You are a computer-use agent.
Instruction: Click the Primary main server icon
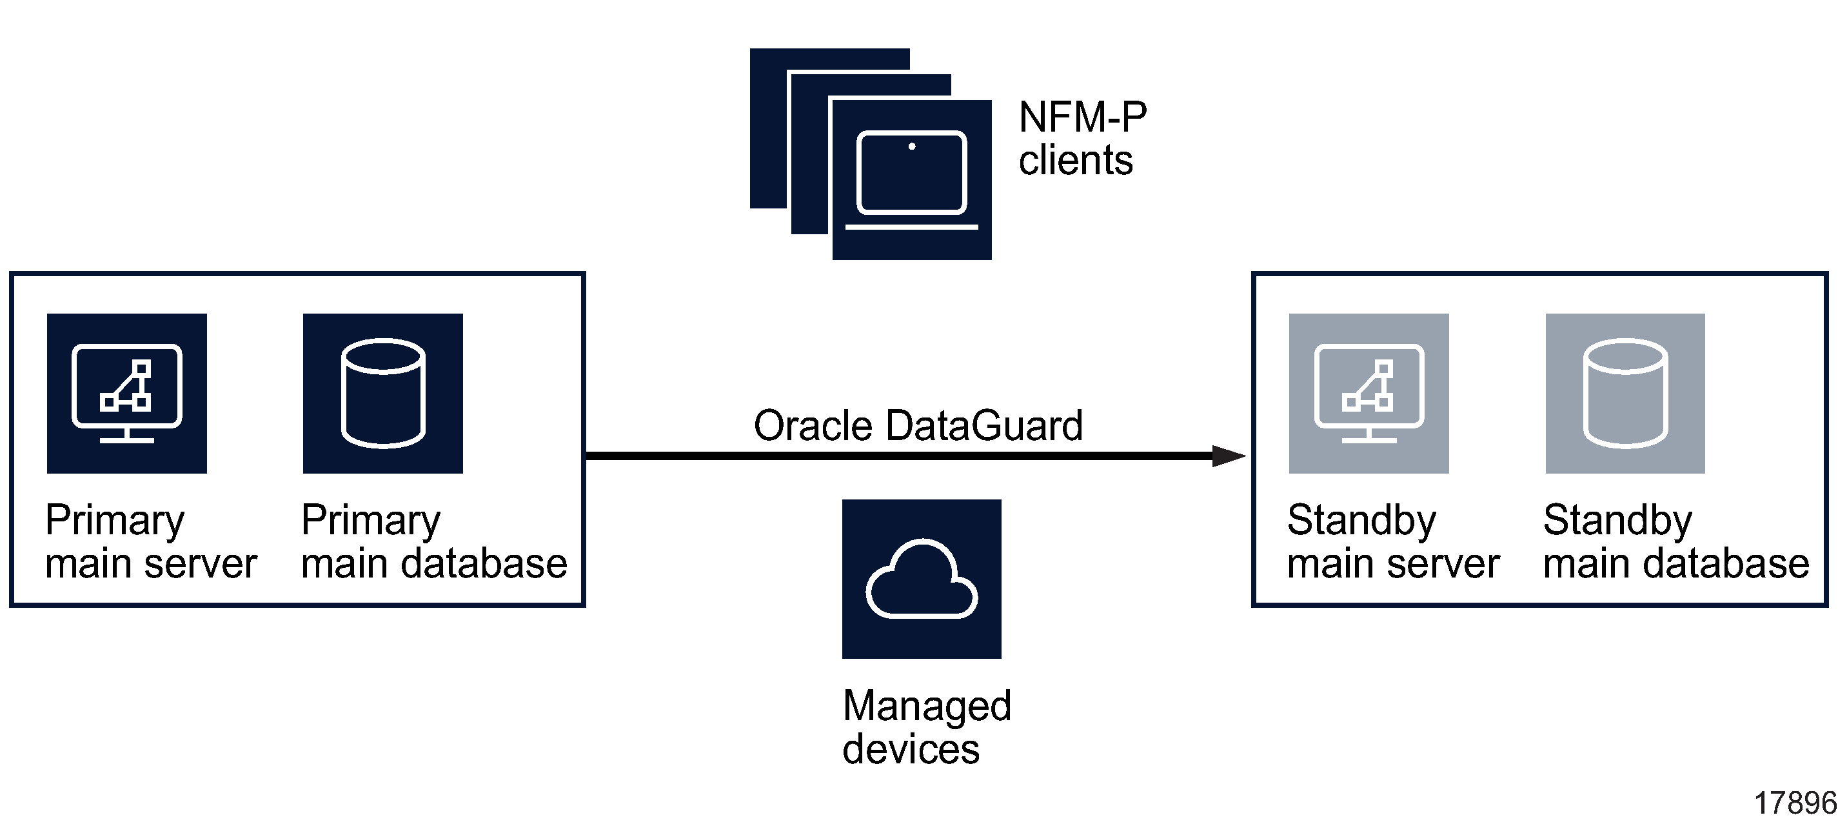(x=127, y=393)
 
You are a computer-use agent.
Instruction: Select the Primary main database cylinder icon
(x=383, y=393)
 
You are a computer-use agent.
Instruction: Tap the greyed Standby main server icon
(x=1369, y=393)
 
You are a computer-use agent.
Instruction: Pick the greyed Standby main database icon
(x=1625, y=393)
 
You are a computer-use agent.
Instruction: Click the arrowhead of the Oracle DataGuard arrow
(x=1229, y=456)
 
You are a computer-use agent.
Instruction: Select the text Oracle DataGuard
(x=918, y=426)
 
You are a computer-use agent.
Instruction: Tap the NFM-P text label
(x=1082, y=116)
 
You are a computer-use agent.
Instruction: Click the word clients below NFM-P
(x=1075, y=160)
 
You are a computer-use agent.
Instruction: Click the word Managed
(x=927, y=705)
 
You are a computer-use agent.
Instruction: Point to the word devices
(x=911, y=749)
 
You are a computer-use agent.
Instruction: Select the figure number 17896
(x=1795, y=803)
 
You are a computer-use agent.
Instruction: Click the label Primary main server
(x=150, y=541)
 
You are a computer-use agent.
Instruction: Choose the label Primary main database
(x=434, y=541)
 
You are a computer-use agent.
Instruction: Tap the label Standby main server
(x=1393, y=541)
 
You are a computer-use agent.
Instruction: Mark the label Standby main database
(x=1675, y=541)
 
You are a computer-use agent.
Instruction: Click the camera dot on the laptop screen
(x=912, y=146)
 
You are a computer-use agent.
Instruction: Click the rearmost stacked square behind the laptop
(x=767, y=128)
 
